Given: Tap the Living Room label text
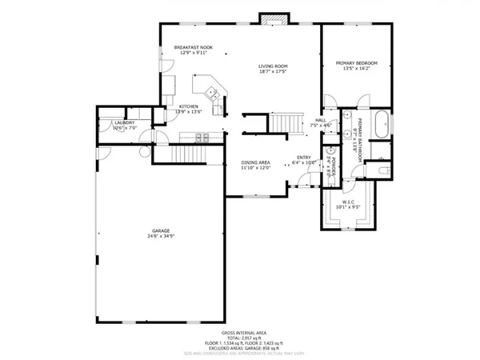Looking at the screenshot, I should coord(273,66).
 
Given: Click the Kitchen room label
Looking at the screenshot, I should coord(189,106).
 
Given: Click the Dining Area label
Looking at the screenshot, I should coord(256,162).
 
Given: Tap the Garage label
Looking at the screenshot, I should coord(162,230).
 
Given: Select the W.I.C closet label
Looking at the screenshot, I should coord(352,202).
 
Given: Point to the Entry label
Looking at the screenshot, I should coord(303,157).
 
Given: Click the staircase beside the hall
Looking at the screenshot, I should coord(286,122).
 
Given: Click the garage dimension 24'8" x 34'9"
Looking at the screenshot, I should coord(162,236).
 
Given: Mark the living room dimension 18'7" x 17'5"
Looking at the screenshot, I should coord(273,71).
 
